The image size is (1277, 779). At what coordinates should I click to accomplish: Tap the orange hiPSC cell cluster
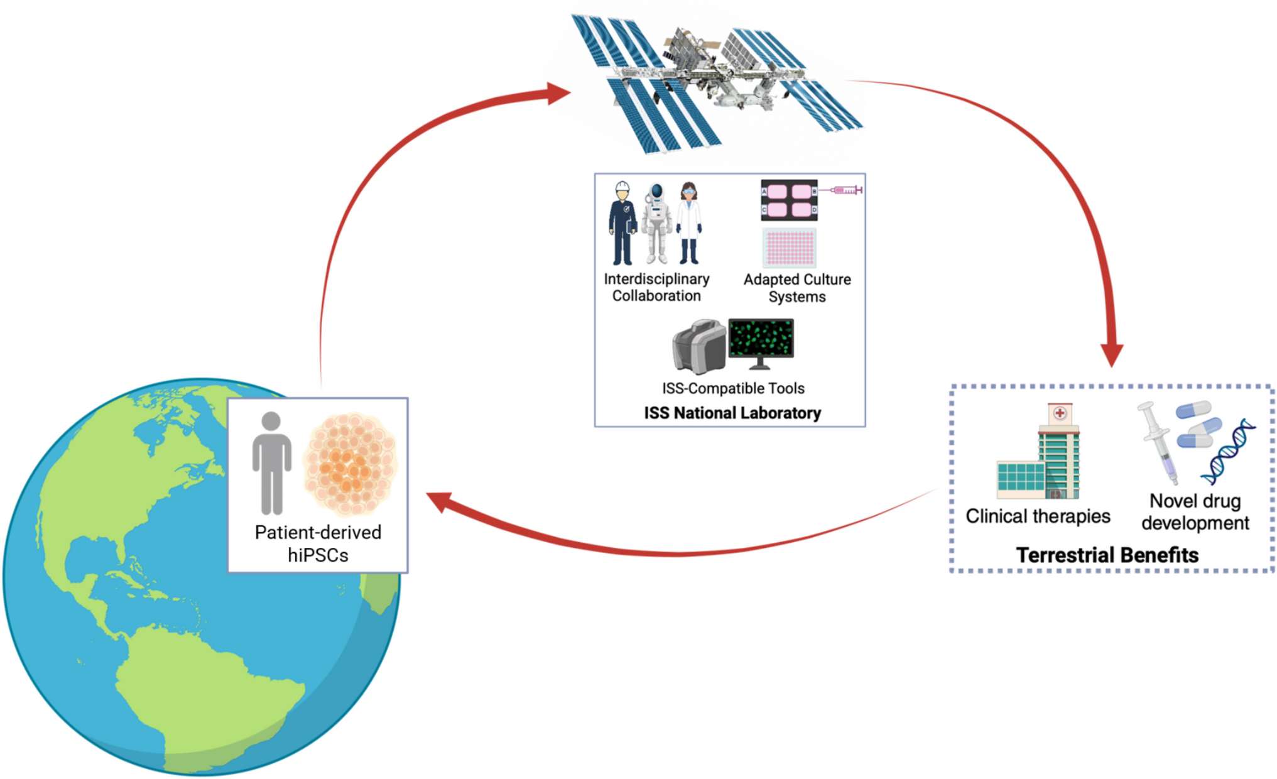350,464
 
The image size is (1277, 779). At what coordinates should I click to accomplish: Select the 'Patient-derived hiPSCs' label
318,543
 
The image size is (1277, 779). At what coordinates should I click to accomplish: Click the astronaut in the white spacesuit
656,223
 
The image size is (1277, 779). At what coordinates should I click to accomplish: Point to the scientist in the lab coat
689,223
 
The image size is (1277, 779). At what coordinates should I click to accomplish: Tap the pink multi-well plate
790,247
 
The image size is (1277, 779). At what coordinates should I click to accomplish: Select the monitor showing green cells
761,341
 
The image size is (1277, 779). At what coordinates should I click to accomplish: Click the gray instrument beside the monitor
698,346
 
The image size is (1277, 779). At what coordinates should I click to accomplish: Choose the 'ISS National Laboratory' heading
732,413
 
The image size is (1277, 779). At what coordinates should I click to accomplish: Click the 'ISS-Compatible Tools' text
733,388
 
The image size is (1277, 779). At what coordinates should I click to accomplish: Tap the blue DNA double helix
1228,452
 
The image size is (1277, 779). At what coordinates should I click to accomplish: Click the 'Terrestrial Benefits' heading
1107,555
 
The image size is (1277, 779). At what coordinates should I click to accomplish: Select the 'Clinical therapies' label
1038,516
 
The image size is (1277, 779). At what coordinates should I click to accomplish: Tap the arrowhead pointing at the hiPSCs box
440,501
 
